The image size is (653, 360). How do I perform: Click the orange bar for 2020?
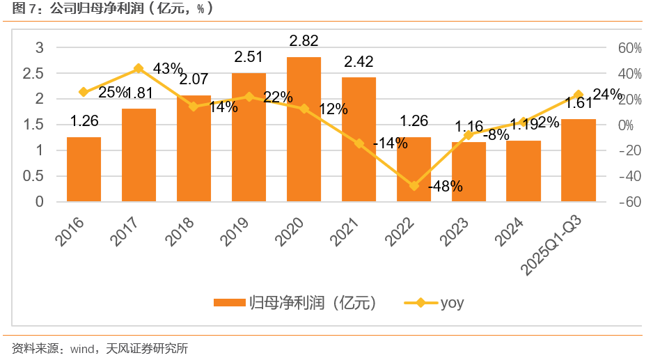coord(304,130)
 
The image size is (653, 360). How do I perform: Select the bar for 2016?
coord(84,169)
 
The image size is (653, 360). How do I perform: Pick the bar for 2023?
coord(469,172)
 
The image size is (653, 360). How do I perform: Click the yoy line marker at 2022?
coord(414,186)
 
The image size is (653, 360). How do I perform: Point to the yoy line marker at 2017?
coord(139,68)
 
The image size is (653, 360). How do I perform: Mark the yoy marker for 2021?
coord(359,143)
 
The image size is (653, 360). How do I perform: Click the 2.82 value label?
coord(304,40)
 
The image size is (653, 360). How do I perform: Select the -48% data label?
coord(446,187)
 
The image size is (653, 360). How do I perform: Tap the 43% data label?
coord(168,68)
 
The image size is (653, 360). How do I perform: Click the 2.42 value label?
coord(359,61)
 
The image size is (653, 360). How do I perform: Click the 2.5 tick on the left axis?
coord(35,73)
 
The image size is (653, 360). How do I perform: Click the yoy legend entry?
coord(434,303)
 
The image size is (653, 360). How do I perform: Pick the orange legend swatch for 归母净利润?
coord(230,303)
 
